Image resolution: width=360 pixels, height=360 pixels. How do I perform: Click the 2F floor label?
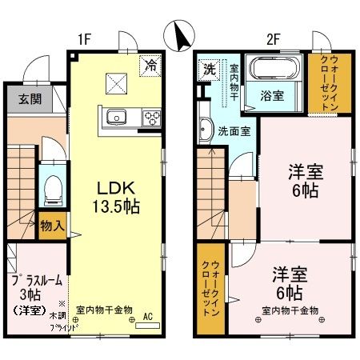274,37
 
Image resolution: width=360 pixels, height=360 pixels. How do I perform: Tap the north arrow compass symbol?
180,34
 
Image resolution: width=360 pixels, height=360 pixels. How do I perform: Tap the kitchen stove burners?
150,118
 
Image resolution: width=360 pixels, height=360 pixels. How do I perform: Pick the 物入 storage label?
52,226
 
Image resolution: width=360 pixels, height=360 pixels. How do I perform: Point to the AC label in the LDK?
147,316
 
